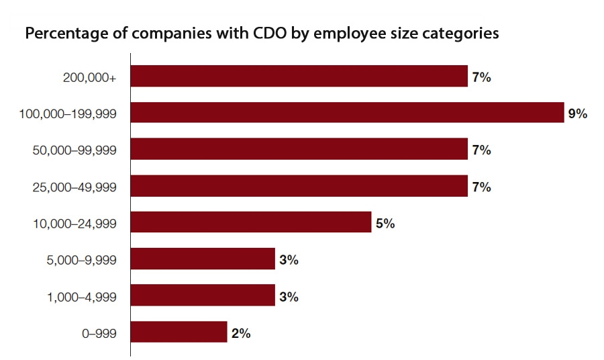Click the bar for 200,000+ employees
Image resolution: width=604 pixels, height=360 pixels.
tap(299, 77)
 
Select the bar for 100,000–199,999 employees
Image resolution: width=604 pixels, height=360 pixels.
tap(347, 113)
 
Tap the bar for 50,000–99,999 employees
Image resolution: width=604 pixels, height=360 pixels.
tap(299, 149)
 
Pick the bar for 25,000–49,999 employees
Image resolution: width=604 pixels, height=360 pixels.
tap(299, 186)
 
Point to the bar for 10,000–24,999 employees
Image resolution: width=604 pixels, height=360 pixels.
tap(250, 222)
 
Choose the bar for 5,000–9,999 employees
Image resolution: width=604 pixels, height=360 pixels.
tap(203, 259)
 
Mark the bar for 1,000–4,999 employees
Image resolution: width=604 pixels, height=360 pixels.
tap(203, 296)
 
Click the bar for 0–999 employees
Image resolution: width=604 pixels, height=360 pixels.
tap(179, 332)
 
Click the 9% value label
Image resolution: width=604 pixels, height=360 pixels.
tap(577, 114)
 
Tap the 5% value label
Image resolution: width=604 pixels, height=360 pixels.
tap(385, 223)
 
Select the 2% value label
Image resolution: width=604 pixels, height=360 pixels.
tap(241, 332)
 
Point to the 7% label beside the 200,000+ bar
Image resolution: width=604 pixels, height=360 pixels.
tap(481, 77)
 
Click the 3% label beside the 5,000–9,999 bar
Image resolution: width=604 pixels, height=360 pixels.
tap(289, 259)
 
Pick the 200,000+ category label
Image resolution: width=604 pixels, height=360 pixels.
tap(89, 78)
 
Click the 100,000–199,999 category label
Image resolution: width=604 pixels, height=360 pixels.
tap(68, 114)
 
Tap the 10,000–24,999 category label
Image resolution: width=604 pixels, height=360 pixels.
tap(74, 224)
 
